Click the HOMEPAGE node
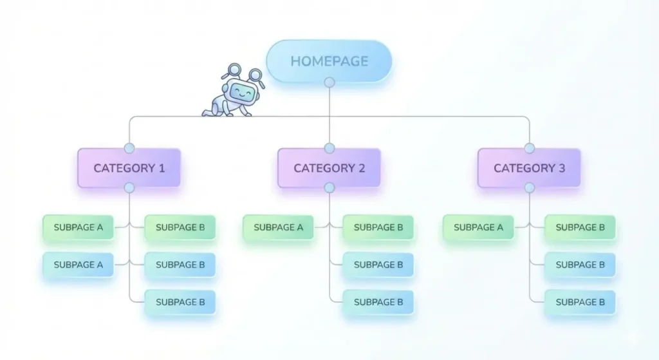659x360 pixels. pos(329,61)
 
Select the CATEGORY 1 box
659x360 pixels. pos(129,168)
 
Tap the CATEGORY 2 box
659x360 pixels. pos(329,168)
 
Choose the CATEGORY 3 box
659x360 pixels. pos(529,168)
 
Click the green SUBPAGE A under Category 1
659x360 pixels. pos(79,227)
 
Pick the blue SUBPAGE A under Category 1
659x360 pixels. pos(79,265)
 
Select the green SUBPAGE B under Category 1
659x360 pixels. pos(180,227)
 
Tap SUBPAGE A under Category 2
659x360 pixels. pos(278,227)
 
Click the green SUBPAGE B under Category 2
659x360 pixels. pos(378,227)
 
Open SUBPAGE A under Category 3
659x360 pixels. pos(478,227)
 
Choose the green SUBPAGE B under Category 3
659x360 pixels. pos(580,227)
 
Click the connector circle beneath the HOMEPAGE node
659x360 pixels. pos(329,82)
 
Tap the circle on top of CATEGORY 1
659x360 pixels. pos(129,149)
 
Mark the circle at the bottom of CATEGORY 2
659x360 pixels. pos(329,187)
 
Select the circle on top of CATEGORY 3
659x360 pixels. pos(530,149)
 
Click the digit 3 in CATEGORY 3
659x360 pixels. pos(561,168)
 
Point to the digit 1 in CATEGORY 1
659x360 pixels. pos(162,168)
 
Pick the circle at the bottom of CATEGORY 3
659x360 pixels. pos(530,187)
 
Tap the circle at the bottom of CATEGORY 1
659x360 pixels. pos(129,187)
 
